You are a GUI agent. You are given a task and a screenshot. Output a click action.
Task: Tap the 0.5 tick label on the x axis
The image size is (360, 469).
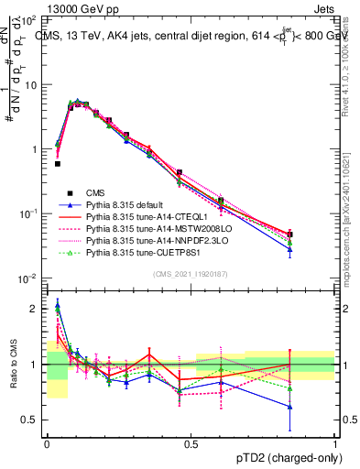tap(191, 442)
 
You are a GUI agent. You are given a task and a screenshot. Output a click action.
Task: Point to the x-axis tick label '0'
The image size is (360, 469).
tap(47, 442)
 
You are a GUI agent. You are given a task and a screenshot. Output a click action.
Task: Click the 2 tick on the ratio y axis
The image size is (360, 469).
tap(37, 309)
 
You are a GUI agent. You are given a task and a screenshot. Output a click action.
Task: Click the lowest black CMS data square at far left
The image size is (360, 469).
tap(57, 164)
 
